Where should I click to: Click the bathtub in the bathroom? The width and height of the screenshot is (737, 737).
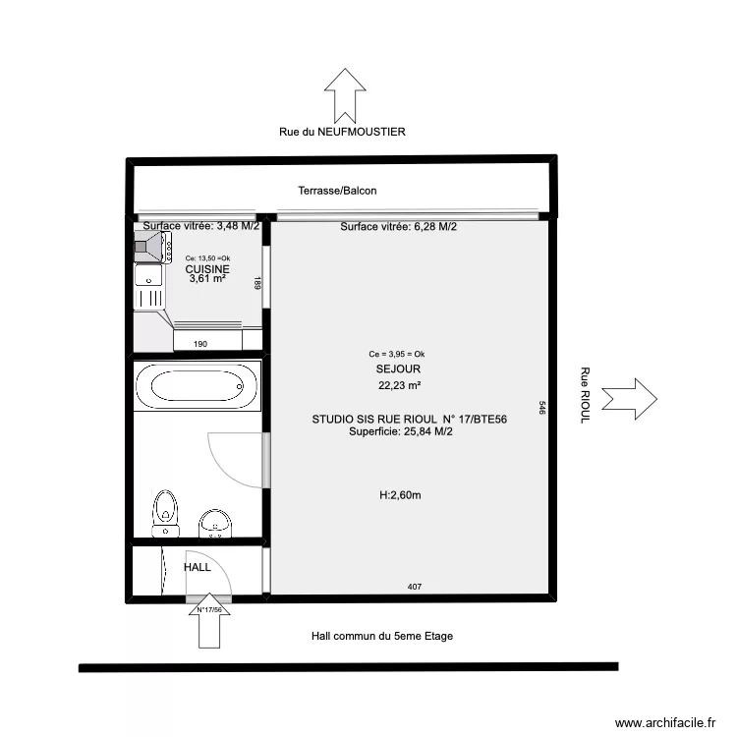tap(197, 386)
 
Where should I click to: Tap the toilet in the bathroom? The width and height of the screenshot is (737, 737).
tap(165, 513)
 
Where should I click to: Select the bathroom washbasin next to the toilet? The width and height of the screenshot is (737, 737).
tap(215, 523)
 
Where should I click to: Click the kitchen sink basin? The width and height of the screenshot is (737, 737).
tap(148, 274)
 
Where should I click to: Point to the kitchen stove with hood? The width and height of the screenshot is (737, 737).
tap(152, 247)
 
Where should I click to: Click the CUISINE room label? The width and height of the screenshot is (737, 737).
tap(207, 269)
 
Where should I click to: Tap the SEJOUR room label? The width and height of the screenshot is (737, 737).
tap(398, 368)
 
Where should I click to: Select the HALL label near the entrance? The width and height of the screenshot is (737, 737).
tap(198, 567)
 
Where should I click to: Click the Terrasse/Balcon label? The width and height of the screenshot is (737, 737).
tap(337, 191)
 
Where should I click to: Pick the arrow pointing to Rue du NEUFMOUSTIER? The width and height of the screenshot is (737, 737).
tap(345, 96)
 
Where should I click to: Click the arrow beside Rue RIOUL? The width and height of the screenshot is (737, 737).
tap(629, 399)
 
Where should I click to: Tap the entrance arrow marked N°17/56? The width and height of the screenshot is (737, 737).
tap(209, 620)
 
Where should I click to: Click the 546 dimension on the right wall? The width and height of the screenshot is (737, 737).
tap(541, 408)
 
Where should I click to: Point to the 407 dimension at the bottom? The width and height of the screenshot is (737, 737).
tap(415, 587)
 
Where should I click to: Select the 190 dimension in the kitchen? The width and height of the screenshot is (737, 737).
tap(200, 344)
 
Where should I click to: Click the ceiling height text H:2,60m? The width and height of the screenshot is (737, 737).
tap(401, 495)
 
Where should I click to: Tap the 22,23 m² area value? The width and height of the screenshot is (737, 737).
tap(400, 385)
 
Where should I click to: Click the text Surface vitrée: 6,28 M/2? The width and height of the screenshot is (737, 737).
tap(399, 227)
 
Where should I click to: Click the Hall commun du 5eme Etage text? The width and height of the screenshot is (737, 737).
tap(382, 636)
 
